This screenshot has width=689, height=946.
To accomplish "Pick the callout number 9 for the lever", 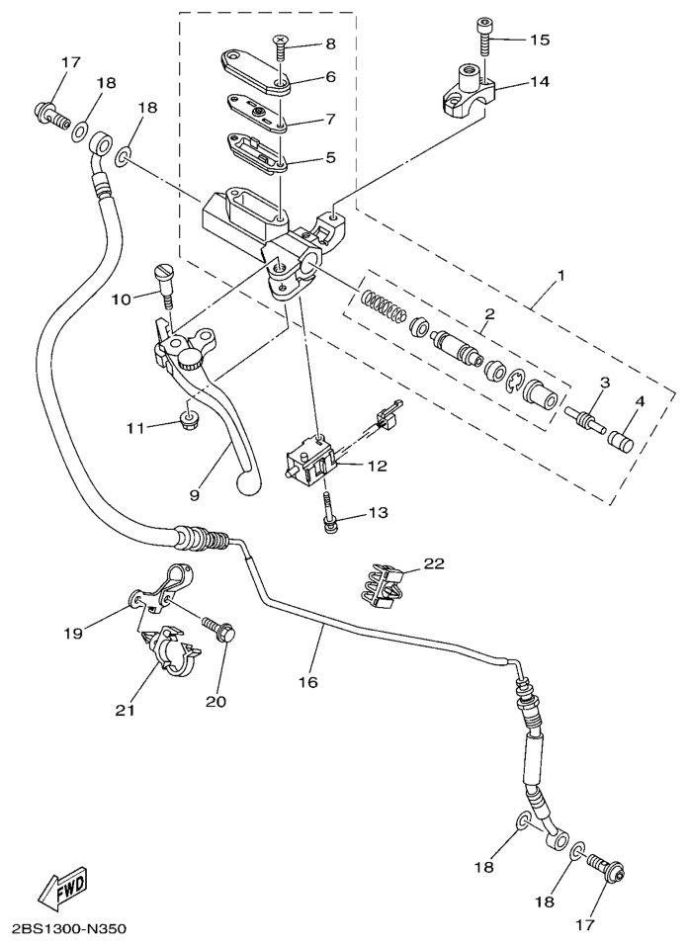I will tap(195, 493).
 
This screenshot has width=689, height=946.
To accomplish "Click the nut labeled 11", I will tap(186, 423).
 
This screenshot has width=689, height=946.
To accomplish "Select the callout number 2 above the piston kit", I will tap(487, 316).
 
